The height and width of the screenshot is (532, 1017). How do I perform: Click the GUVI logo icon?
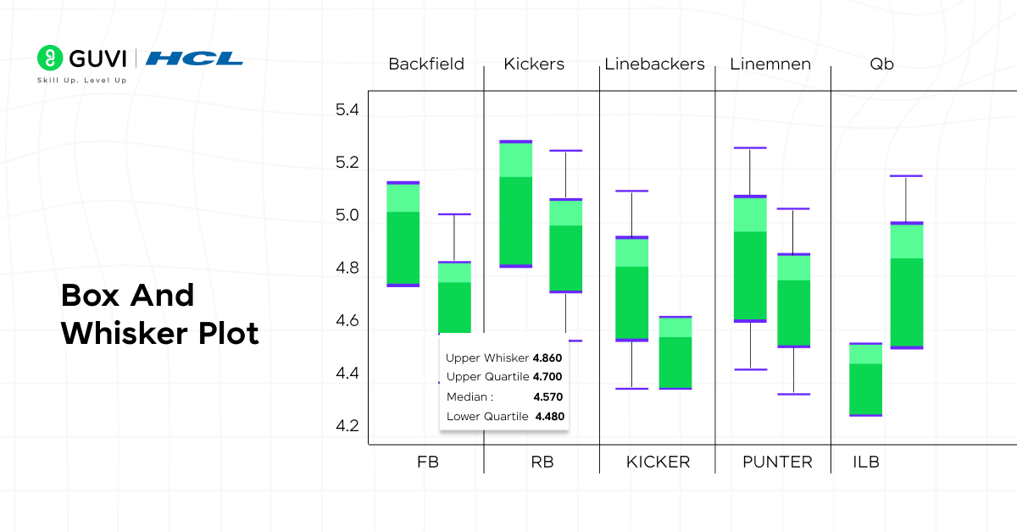(50, 58)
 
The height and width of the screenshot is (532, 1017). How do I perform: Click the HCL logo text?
(194, 58)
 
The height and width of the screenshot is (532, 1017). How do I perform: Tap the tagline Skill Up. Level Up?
(81, 80)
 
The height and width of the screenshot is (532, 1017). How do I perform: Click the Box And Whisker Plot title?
(159, 314)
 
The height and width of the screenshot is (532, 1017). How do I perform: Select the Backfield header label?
(425, 64)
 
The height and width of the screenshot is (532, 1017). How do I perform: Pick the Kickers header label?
(534, 64)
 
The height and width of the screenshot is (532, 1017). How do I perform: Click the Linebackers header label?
(654, 64)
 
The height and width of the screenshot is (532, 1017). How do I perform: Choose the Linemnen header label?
(770, 64)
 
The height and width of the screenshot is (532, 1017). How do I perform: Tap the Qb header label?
(881, 64)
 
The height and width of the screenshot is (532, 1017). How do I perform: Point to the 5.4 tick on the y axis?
(347, 110)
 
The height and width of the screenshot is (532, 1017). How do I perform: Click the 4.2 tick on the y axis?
(347, 426)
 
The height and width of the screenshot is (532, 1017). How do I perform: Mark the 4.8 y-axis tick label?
(347, 269)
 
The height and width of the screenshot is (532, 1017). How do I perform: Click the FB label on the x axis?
(428, 463)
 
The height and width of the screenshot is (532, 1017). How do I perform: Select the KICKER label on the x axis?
(658, 463)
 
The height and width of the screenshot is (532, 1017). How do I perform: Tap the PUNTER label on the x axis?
(777, 463)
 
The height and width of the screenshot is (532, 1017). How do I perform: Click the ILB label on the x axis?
(866, 463)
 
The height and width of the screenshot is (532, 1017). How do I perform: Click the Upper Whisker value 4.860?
(547, 358)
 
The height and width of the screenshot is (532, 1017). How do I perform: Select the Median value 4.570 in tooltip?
(547, 396)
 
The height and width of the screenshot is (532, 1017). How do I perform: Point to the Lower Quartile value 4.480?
(548, 416)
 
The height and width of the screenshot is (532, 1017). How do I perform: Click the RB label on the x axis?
(542, 463)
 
